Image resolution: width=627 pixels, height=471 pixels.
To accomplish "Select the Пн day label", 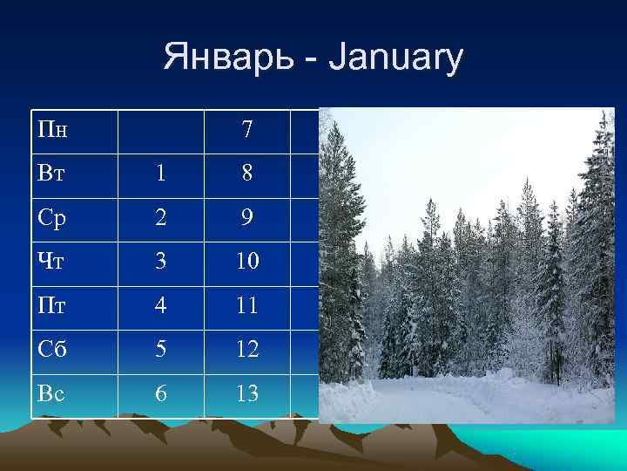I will [54, 130].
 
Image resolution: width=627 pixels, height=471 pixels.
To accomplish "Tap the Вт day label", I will [52, 173].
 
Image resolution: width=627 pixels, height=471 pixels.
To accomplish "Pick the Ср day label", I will [52, 217].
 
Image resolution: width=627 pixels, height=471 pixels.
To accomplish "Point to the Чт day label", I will [52, 262].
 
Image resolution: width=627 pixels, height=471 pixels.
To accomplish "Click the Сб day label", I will [53, 350].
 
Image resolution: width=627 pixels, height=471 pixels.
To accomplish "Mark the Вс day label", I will [52, 393].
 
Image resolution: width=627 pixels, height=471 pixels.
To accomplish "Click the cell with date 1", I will [161, 174].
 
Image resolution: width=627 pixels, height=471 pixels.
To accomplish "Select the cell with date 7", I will [247, 130].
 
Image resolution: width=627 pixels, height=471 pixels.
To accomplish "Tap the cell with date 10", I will [247, 262].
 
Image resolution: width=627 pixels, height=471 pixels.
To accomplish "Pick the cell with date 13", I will [247, 394].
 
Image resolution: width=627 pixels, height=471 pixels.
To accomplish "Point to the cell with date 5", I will [161, 351].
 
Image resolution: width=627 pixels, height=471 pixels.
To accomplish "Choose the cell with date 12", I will [247, 351].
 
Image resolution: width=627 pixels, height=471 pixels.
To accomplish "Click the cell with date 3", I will [161, 262].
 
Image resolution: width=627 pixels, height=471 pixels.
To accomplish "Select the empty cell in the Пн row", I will [161, 130].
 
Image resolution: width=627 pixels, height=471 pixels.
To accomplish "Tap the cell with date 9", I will [247, 217].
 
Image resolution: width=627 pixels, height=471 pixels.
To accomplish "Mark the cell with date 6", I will [161, 394].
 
